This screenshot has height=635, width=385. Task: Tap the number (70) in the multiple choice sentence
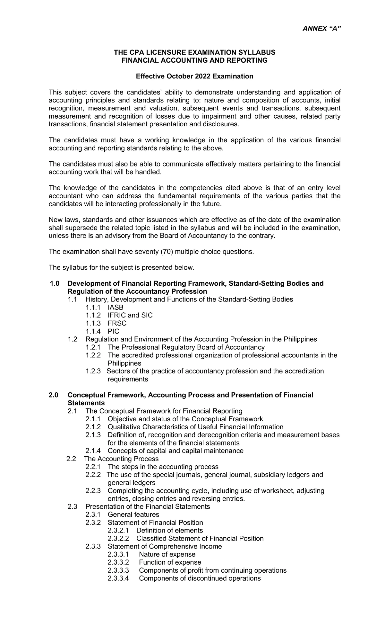167,252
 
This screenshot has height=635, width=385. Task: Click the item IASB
116,307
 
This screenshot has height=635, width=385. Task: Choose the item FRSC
117,323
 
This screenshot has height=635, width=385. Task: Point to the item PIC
114,331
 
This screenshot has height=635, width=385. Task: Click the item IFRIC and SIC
130,315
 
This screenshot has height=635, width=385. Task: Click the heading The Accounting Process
121,459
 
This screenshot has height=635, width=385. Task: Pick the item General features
133,514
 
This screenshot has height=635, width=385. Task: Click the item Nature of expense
167,554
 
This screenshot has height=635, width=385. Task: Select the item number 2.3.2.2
118,538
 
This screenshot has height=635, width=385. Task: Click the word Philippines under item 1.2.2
124,363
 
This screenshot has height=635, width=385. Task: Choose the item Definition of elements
169,530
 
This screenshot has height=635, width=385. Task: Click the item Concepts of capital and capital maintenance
175,451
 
